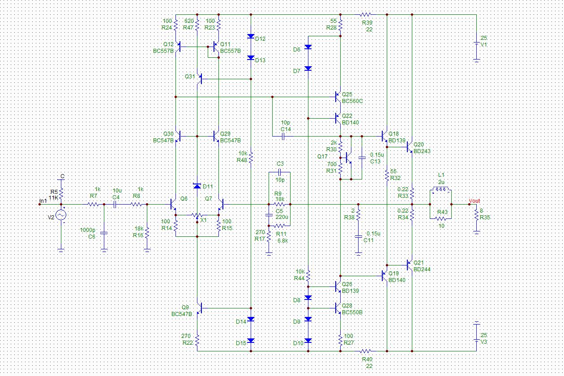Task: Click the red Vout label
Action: pyautogui.click(x=474, y=201)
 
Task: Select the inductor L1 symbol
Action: pyautogui.click(x=441, y=190)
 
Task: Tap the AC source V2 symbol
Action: pyautogui.click(x=61, y=215)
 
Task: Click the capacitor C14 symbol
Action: pyautogui.click(x=284, y=136)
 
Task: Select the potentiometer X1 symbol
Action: pyautogui.click(x=197, y=216)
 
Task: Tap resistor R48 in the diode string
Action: pyautogui.click(x=251, y=157)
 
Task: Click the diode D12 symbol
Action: pyautogui.click(x=251, y=37)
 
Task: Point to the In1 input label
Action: pyautogui.click(x=43, y=201)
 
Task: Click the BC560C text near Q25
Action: pyautogui.click(x=352, y=101)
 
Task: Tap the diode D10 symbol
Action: pyautogui.click(x=308, y=341)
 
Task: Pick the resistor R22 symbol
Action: pyautogui.click(x=197, y=341)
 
